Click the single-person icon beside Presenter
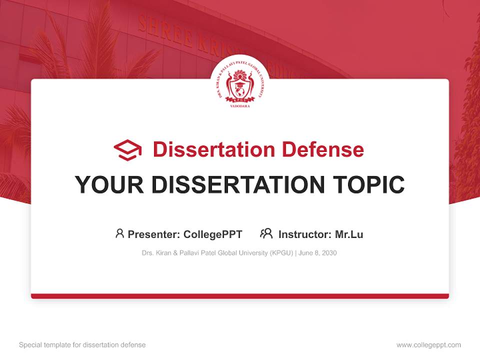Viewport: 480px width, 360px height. coord(119,233)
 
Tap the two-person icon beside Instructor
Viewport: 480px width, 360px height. coord(266,233)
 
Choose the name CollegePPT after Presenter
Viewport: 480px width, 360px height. coord(212,234)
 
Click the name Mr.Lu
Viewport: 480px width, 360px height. coord(348,234)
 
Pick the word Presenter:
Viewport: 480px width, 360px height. coord(154,234)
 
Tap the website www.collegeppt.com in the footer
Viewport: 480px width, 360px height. coord(428,345)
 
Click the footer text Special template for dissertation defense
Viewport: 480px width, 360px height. coord(82,345)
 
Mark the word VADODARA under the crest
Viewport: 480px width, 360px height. coord(240,106)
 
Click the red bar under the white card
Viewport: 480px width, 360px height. coord(240,296)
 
